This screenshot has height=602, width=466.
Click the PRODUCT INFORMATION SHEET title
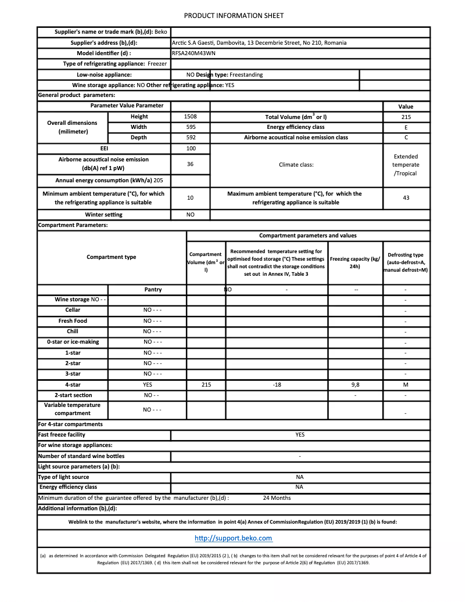pyautogui.click(x=234, y=16)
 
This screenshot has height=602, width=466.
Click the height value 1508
pyautogui.click(x=190, y=117)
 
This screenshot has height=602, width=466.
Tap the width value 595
pyautogui.click(x=190, y=127)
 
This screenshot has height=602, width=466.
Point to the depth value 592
pyautogui.click(x=190, y=138)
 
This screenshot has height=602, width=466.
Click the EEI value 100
pyautogui.click(x=190, y=149)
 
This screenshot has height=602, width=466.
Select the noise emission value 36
pyautogui.click(x=190, y=164)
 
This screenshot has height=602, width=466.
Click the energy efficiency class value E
pyautogui.click(x=406, y=127)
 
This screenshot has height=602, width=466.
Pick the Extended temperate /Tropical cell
pyautogui.click(x=406, y=165)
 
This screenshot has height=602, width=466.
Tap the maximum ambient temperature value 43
pyautogui.click(x=406, y=198)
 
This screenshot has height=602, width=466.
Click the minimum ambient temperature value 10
pyautogui.click(x=190, y=198)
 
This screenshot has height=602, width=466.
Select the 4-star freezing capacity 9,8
pyautogui.click(x=355, y=385)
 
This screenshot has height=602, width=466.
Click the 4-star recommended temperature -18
pyautogui.click(x=277, y=385)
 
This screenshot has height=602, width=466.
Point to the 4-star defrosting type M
pyautogui.click(x=406, y=385)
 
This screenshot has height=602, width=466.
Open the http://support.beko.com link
pyautogui.click(x=233, y=538)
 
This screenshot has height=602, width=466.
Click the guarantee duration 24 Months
pyautogui.click(x=277, y=498)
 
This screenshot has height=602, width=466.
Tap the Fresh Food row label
pyautogui.click(x=73, y=321)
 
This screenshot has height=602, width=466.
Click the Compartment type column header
pyautogui.click(x=111, y=257)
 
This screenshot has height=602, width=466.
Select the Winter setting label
pyautogui.click(x=103, y=215)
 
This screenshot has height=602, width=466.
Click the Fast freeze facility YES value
pyautogui.click(x=300, y=435)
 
